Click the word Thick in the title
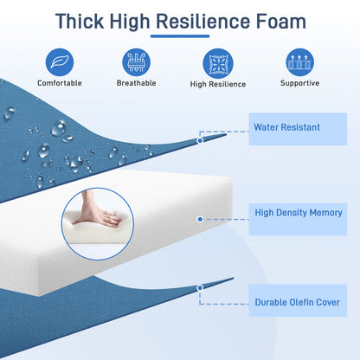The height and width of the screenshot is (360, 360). coord(80,22)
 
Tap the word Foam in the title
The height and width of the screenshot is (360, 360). coord(280,22)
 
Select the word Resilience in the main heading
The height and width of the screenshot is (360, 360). coord(202,22)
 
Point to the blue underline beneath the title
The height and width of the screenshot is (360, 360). coord(180,36)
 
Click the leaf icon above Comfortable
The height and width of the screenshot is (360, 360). coord(60,62)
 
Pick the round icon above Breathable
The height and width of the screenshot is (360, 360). coord(136,62)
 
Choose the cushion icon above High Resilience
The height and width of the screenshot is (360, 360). coord(218,63)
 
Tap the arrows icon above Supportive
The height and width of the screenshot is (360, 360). coord(299,62)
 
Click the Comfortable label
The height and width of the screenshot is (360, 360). coord(60,83)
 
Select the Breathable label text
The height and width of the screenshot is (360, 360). coord(136,83)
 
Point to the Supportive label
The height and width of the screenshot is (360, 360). coord(299,83)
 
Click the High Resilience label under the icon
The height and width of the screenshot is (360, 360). coord(218,84)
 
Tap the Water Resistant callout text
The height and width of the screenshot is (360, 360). coord(286,127)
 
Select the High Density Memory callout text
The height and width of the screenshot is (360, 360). coord(299,213)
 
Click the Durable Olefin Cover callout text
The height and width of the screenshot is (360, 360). coord(297,302)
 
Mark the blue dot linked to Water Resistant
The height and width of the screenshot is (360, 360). coord(200,140)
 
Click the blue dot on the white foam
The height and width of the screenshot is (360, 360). coord(200,219)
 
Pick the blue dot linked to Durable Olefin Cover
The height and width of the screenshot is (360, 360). coord(200,288)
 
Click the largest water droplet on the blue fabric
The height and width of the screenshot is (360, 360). coord(60,129)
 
